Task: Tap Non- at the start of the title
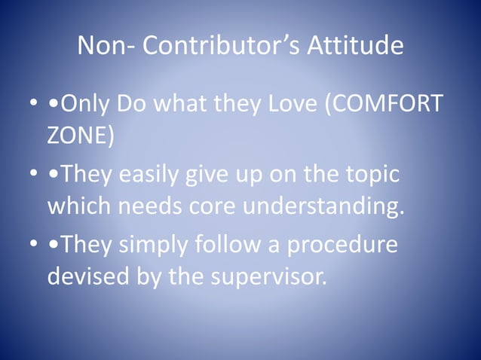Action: click(x=106, y=47)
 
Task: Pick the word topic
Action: click(x=369, y=175)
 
